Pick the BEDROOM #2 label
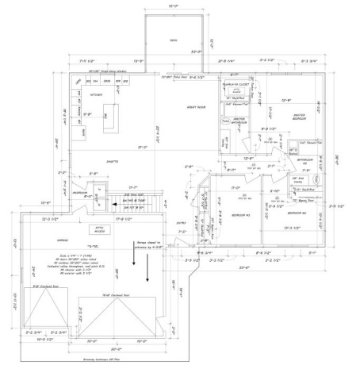[297, 213]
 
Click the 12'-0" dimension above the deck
[174, 6]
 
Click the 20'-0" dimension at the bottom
[117, 349]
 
